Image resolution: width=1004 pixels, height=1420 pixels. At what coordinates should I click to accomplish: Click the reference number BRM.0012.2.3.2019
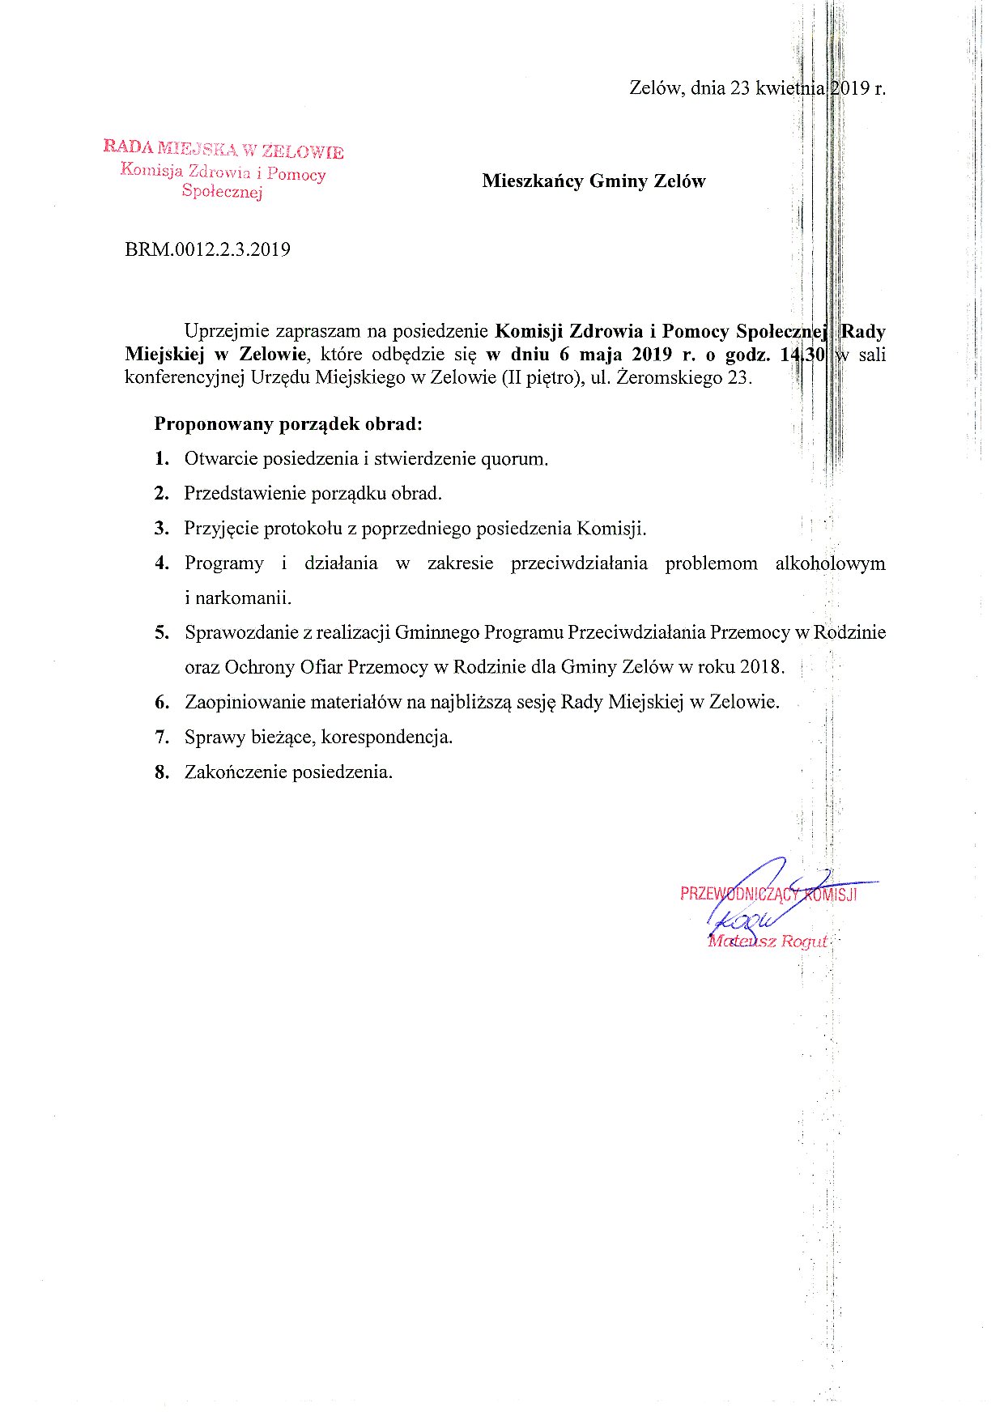point(207,249)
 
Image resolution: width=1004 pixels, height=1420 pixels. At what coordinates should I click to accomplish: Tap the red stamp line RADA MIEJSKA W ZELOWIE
point(223,150)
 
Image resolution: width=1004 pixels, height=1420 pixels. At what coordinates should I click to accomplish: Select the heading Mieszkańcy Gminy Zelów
point(593,181)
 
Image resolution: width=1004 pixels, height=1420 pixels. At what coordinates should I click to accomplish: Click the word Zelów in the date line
point(656,88)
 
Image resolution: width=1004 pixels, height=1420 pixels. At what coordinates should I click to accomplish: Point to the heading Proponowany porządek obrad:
point(288,424)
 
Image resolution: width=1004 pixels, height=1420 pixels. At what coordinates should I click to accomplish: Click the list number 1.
point(162,459)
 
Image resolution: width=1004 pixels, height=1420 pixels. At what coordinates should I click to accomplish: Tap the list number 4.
point(162,563)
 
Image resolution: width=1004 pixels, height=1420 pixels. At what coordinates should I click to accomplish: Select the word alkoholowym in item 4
point(830,563)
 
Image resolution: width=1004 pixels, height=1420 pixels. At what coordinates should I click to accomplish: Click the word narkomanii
point(237,598)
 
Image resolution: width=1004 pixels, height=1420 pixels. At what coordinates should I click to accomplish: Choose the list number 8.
point(162,772)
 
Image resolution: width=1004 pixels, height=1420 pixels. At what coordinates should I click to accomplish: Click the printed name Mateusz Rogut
point(768,942)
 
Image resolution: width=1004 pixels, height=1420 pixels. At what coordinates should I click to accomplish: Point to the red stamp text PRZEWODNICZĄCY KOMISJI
point(768,895)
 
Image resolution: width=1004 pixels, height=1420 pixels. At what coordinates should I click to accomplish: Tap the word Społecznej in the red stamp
point(223,192)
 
